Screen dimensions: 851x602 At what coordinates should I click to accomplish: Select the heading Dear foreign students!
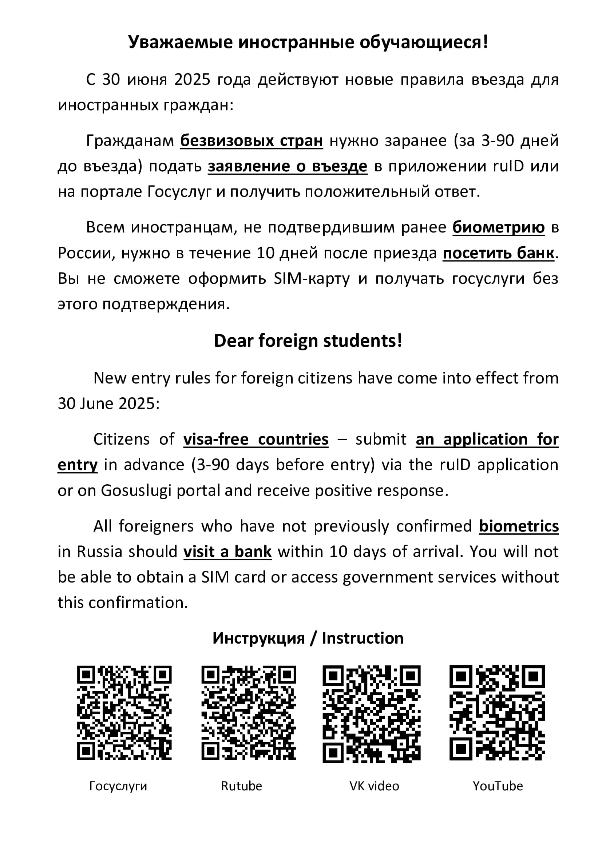pos(308,341)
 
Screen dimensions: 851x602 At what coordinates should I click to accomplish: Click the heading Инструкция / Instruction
pos(308,638)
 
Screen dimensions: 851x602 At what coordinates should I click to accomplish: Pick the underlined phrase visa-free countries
pos(256,439)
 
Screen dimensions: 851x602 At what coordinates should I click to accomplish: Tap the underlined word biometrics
pos(519,526)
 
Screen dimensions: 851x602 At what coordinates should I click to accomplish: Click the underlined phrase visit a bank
pos(227,552)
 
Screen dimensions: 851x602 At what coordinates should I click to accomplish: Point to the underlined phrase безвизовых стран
pos(252,140)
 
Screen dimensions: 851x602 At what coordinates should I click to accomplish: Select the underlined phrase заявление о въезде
pos(288,166)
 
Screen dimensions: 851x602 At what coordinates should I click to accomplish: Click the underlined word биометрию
pos(499,227)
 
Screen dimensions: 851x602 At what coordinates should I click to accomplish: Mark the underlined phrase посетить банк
pos(499,253)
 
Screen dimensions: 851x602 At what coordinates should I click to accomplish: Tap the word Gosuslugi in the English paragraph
pos(136,490)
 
